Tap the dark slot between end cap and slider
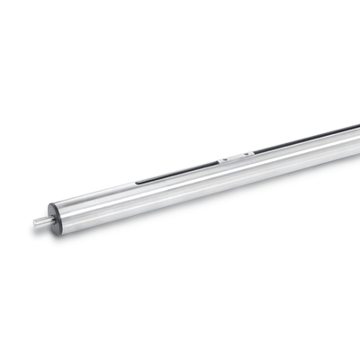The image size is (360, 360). click(x=180, y=173)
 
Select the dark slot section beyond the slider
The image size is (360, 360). click(x=297, y=140)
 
